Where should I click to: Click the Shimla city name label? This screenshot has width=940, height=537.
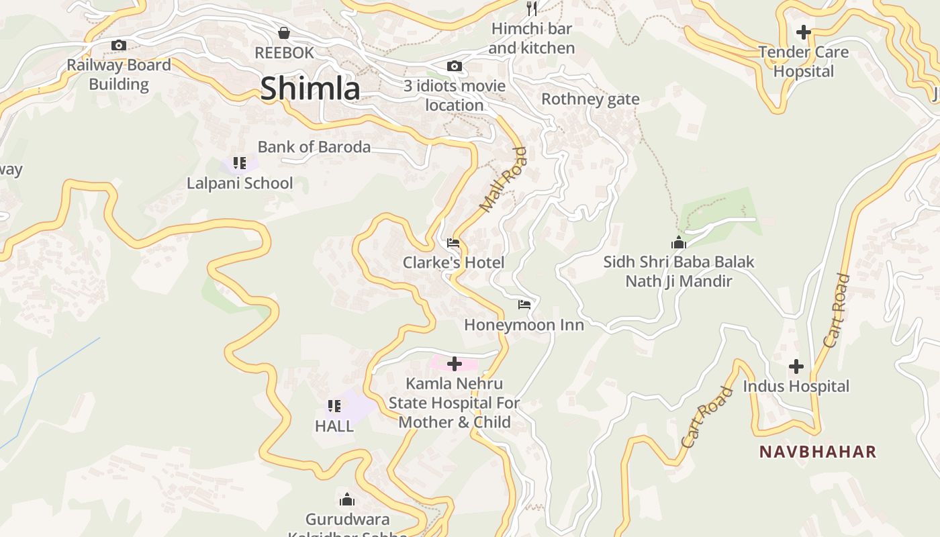point(310,89)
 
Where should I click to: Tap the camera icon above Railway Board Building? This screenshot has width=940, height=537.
point(119,46)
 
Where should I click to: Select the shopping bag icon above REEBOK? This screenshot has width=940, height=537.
point(284,33)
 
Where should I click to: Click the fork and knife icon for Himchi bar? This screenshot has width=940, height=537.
point(532,9)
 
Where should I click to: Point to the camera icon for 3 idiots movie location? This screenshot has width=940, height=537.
point(455,66)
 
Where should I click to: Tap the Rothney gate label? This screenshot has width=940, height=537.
point(590,99)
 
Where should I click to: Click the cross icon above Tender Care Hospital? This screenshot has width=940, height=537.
point(803,32)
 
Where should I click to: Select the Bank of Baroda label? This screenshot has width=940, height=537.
point(314,147)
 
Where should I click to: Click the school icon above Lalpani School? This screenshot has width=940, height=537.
point(240,163)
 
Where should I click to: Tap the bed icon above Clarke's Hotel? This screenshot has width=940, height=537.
point(453,243)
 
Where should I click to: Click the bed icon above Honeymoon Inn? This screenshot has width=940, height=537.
point(524,305)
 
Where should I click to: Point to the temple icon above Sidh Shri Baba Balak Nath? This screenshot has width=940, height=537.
point(679,242)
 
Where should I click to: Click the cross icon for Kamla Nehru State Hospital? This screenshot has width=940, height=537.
point(455,364)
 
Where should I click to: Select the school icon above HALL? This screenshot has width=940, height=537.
point(334,406)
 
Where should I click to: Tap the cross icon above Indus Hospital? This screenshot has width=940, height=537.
point(796,367)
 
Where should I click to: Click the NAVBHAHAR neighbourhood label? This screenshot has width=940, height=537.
point(818,452)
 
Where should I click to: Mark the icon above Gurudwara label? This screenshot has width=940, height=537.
point(347,499)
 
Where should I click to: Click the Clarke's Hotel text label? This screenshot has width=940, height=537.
point(453,262)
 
